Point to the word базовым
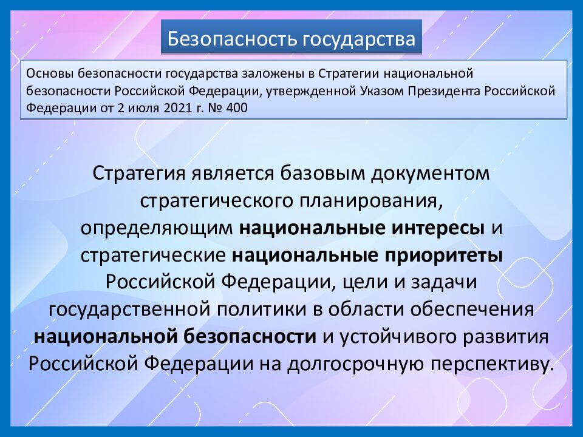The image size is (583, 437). click(x=322, y=173)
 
